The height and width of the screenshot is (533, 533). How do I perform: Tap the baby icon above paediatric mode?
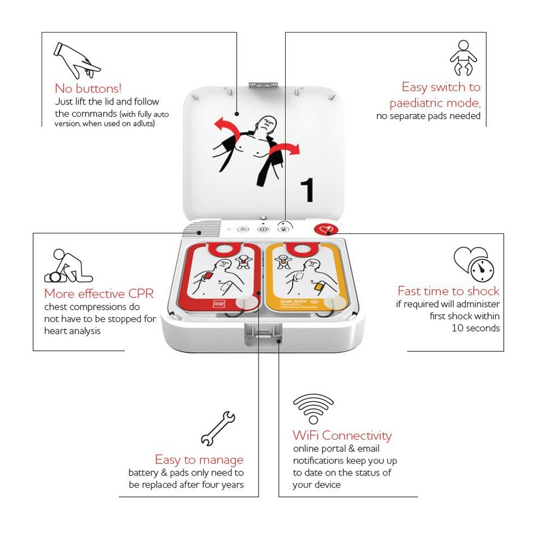pos(463,58)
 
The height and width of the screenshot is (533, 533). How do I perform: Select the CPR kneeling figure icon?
pos(68,266)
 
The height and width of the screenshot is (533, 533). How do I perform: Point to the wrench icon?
pos(217,428)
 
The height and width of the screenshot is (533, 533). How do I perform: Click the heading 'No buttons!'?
pos(88,88)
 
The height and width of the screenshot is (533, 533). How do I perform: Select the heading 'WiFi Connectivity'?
pos(342,435)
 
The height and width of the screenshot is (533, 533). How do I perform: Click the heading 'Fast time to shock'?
pos(448,291)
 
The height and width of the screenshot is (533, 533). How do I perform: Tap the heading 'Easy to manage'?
pos(199,459)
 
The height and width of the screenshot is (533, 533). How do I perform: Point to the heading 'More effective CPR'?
pos(99,294)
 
